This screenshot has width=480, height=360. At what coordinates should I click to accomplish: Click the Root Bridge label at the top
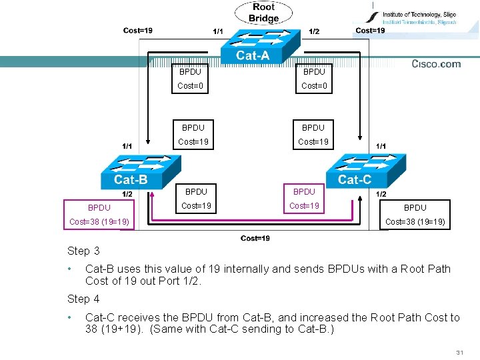[x=263, y=13]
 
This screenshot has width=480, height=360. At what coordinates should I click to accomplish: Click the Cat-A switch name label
[x=253, y=56]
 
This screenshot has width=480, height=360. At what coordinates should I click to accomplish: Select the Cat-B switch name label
[x=131, y=179]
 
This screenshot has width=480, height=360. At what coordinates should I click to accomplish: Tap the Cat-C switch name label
[x=355, y=179]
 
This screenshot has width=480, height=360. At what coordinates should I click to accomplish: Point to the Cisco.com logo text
[x=436, y=64]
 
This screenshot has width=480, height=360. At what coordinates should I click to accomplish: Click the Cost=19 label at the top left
[x=138, y=30]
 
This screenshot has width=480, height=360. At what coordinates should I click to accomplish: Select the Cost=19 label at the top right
[x=370, y=30]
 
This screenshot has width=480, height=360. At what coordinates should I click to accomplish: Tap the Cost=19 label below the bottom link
[x=255, y=239]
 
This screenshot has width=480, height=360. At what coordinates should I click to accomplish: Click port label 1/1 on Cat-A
[x=218, y=31]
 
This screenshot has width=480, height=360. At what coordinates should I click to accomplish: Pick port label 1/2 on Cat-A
[x=314, y=31]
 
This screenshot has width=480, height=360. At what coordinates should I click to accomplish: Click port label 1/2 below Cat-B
[x=127, y=194]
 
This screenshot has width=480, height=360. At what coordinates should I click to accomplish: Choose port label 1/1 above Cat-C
[x=381, y=146]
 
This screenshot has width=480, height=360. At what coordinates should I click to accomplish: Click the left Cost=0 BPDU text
[x=190, y=85]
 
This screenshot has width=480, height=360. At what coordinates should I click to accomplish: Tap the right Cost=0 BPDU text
[x=314, y=85]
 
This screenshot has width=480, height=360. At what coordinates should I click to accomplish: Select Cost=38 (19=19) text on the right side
[x=415, y=221]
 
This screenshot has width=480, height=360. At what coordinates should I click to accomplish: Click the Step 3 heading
[x=83, y=251]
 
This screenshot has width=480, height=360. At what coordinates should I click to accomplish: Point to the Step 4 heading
[x=83, y=299]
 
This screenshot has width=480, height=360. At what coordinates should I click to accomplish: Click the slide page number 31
[x=459, y=352]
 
